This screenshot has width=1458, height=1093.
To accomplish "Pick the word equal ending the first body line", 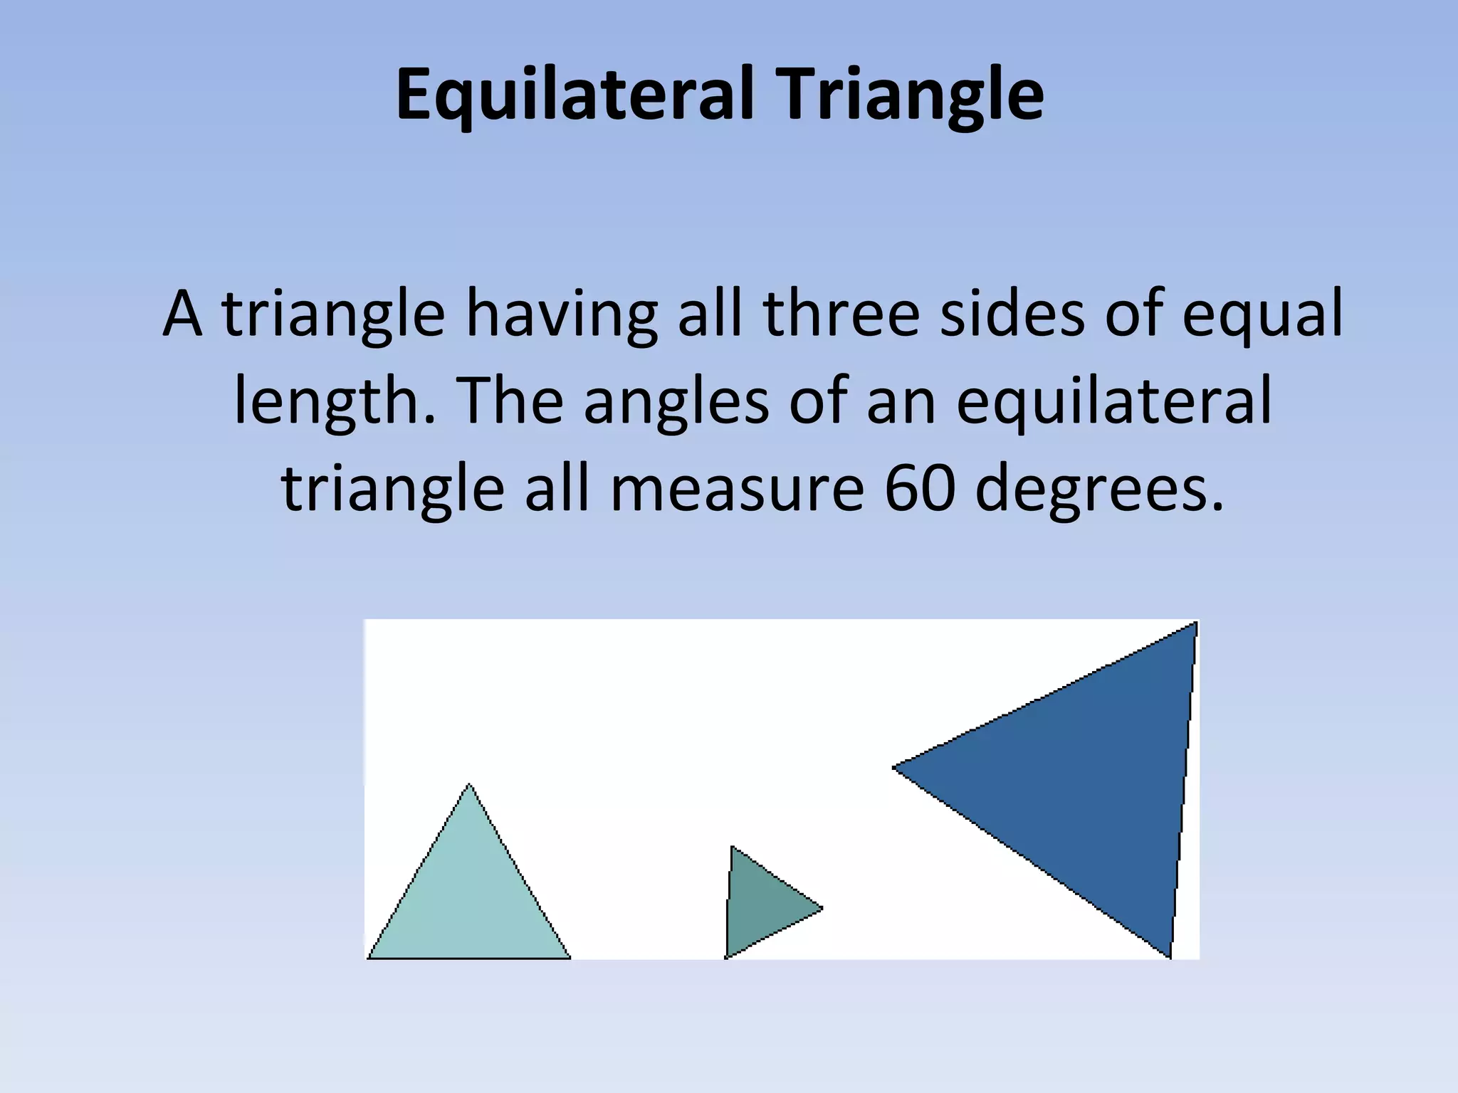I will pos(1262,315).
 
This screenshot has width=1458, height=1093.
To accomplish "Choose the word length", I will pos(334,402).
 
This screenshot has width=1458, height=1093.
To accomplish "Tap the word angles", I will pos(676,402).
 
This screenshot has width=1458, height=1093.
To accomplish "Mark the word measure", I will pos(737,490).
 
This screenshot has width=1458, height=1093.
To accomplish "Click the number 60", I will pos(919,490).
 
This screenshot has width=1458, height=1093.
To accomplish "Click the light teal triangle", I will pos(469,899).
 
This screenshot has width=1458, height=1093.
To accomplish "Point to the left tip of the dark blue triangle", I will pos(895,767).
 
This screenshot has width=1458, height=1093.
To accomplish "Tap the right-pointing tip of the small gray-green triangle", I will pos(822,908).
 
